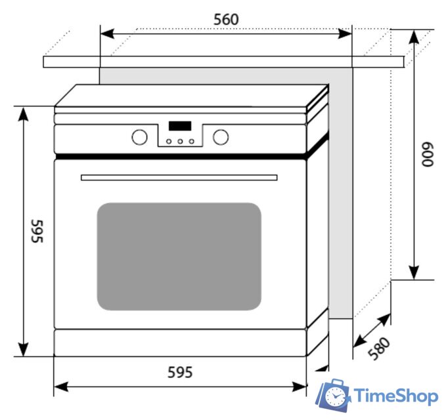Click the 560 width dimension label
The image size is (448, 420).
226,20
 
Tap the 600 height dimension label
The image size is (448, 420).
428,154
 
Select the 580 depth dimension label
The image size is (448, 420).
379,348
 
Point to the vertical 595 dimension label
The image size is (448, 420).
37,231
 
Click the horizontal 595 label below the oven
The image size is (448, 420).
180,372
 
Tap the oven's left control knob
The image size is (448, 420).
139,137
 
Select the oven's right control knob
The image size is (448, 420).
221,137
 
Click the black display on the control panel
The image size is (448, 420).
180,126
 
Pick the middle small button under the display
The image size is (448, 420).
180,141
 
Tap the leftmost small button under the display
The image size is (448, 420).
169,141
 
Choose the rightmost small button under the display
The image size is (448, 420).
191,141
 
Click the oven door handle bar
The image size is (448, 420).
179,178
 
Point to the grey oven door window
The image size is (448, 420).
179,257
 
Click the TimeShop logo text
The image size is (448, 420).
396,396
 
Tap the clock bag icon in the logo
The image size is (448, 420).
333,395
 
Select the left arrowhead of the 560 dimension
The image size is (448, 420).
107,33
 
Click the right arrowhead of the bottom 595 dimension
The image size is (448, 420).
299,387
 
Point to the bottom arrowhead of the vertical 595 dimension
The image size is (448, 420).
23,349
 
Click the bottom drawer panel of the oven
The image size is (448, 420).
180,343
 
